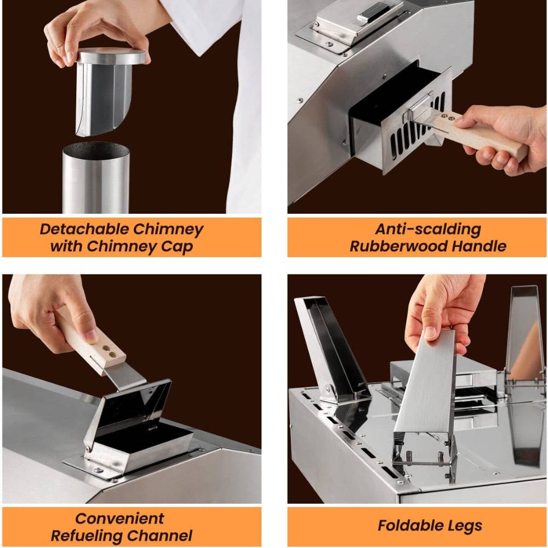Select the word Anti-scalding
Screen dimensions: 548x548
(x=428, y=229)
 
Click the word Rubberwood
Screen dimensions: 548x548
(x=398, y=247)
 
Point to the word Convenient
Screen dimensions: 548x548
(x=119, y=518)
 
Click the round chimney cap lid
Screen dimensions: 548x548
(x=111, y=56)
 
